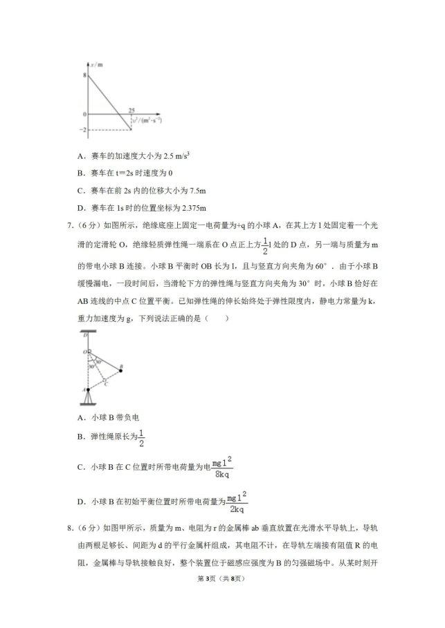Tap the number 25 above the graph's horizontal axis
(131, 109)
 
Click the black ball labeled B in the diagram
(121, 370)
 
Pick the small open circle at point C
(104, 379)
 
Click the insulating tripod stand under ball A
(87, 399)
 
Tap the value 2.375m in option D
(191, 207)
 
